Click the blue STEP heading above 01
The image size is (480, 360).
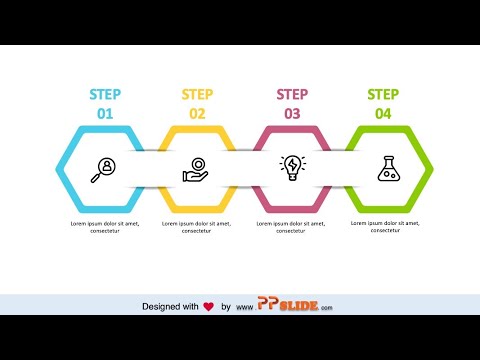(x=105, y=95)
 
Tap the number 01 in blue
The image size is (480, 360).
(x=105, y=114)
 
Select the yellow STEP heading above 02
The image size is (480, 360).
(x=197, y=95)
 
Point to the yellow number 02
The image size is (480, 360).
(x=197, y=114)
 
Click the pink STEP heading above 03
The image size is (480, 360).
(x=292, y=95)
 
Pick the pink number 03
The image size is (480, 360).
(x=292, y=114)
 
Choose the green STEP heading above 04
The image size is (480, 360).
(x=383, y=95)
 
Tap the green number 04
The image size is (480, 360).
(x=383, y=114)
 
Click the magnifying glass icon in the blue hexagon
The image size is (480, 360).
(x=103, y=170)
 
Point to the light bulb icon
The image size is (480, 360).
(x=292, y=167)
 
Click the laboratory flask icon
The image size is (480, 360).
(x=388, y=168)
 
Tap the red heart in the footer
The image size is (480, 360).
(x=208, y=306)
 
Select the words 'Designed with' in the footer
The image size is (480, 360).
(x=170, y=306)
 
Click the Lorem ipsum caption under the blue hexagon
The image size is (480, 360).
(x=103, y=227)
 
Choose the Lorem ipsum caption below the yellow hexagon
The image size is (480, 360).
(x=197, y=227)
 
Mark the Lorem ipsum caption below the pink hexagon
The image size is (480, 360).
(x=292, y=227)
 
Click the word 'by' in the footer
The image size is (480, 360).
(x=226, y=306)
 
